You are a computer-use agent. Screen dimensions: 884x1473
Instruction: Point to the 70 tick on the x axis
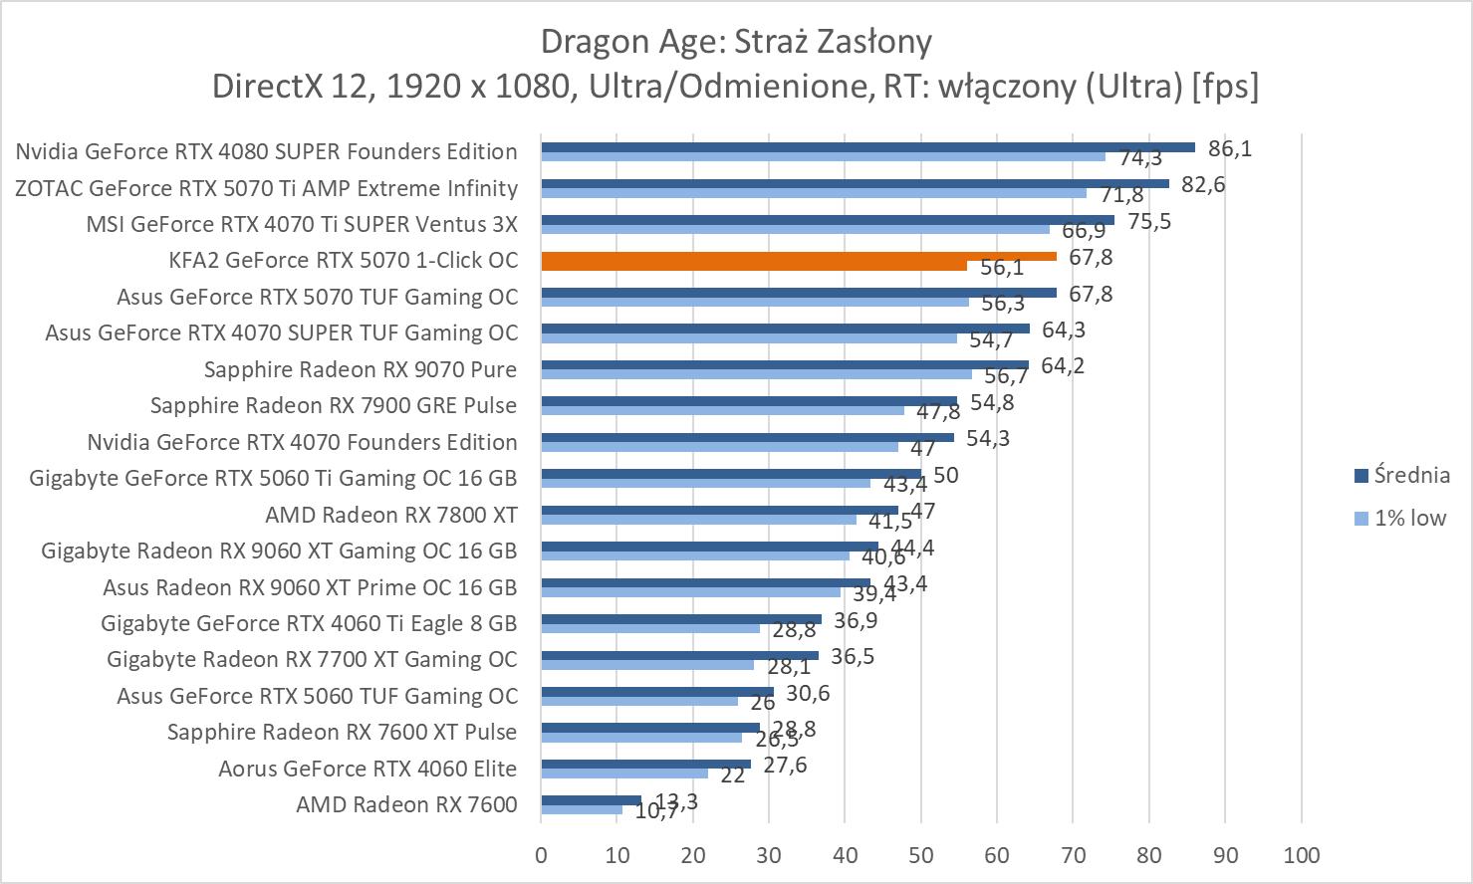click(x=1073, y=854)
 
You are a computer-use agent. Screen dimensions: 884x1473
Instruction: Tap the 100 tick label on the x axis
click(x=1302, y=854)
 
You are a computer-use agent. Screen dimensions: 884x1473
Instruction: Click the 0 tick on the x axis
click(x=541, y=854)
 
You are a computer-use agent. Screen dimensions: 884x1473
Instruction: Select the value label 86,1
click(x=1230, y=148)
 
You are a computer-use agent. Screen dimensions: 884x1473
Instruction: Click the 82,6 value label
click(x=1203, y=184)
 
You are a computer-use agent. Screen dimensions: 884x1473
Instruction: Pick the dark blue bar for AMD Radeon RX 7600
click(x=591, y=799)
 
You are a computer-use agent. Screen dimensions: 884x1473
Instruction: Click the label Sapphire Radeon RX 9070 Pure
click(x=360, y=369)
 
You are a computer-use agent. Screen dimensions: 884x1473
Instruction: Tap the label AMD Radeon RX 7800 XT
click(x=390, y=515)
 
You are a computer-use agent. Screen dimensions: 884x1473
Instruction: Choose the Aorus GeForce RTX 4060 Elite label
click(x=368, y=769)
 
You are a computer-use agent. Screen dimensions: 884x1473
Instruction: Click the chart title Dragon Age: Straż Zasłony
click(x=736, y=42)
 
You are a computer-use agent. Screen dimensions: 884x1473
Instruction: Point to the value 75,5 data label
click(x=1149, y=221)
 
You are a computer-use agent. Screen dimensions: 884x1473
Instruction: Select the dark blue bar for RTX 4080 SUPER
click(x=866, y=147)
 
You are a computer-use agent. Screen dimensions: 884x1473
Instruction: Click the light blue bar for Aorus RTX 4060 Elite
click(x=623, y=773)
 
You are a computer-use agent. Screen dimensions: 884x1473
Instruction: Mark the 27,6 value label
click(x=785, y=765)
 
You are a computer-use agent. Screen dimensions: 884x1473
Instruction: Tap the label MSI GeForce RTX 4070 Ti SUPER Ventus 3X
click(x=302, y=224)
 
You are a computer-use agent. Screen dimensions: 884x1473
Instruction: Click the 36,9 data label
click(x=856, y=620)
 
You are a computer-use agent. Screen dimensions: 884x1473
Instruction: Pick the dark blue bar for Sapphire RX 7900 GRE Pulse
click(x=748, y=401)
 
